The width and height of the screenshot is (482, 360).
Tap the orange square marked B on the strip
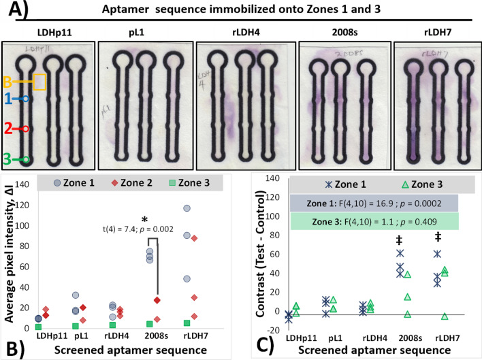(39, 82)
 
